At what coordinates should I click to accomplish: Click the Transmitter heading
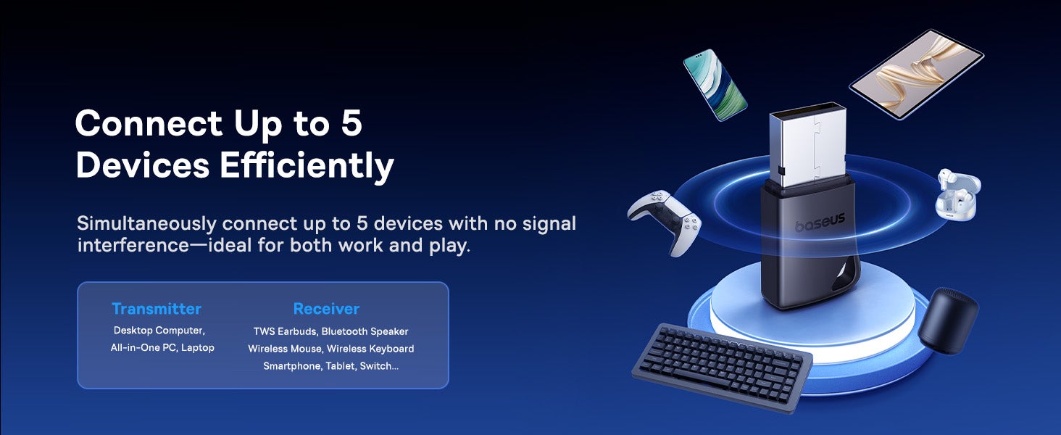tap(157, 309)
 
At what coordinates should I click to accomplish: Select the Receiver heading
tap(326, 309)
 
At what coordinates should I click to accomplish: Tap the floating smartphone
tap(715, 84)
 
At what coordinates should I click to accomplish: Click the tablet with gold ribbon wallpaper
tap(917, 75)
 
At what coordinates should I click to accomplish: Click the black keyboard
tap(722, 368)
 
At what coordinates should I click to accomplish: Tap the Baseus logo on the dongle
tap(820, 223)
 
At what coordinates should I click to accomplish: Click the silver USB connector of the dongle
tap(807, 144)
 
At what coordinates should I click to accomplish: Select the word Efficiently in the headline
tap(307, 165)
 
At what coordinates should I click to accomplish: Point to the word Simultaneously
tap(147, 223)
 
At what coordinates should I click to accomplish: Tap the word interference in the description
tap(133, 246)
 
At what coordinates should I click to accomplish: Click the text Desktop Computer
tap(159, 331)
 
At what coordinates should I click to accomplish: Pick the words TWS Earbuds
tap(285, 331)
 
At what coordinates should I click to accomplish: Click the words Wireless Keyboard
tap(370, 349)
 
